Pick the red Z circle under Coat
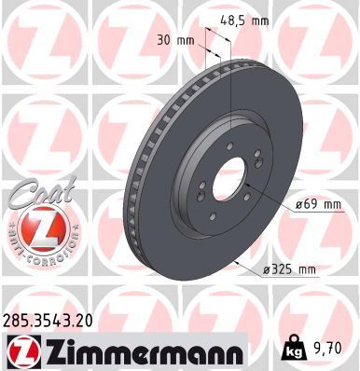[x=35, y=229]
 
